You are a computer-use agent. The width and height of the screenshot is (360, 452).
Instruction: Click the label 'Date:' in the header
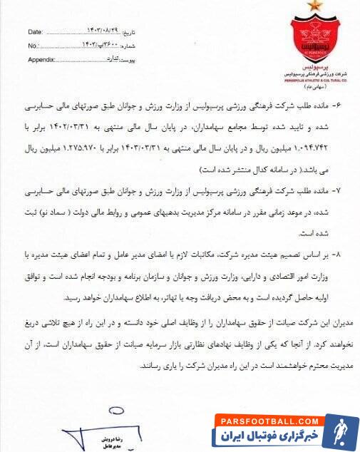pos(35,32)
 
